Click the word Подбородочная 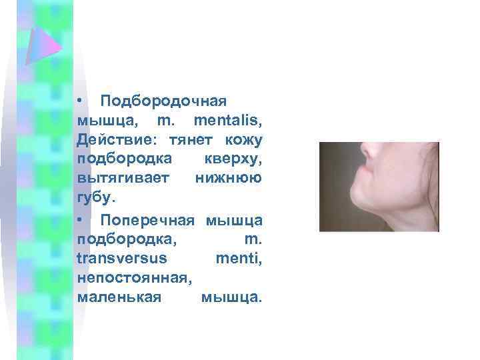click(x=162, y=101)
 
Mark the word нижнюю click(x=229, y=179)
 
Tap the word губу click(x=96, y=198)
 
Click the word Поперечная click(x=147, y=219)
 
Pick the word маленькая click(x=119, y=297)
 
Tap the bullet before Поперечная click(x=79, y=219)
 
